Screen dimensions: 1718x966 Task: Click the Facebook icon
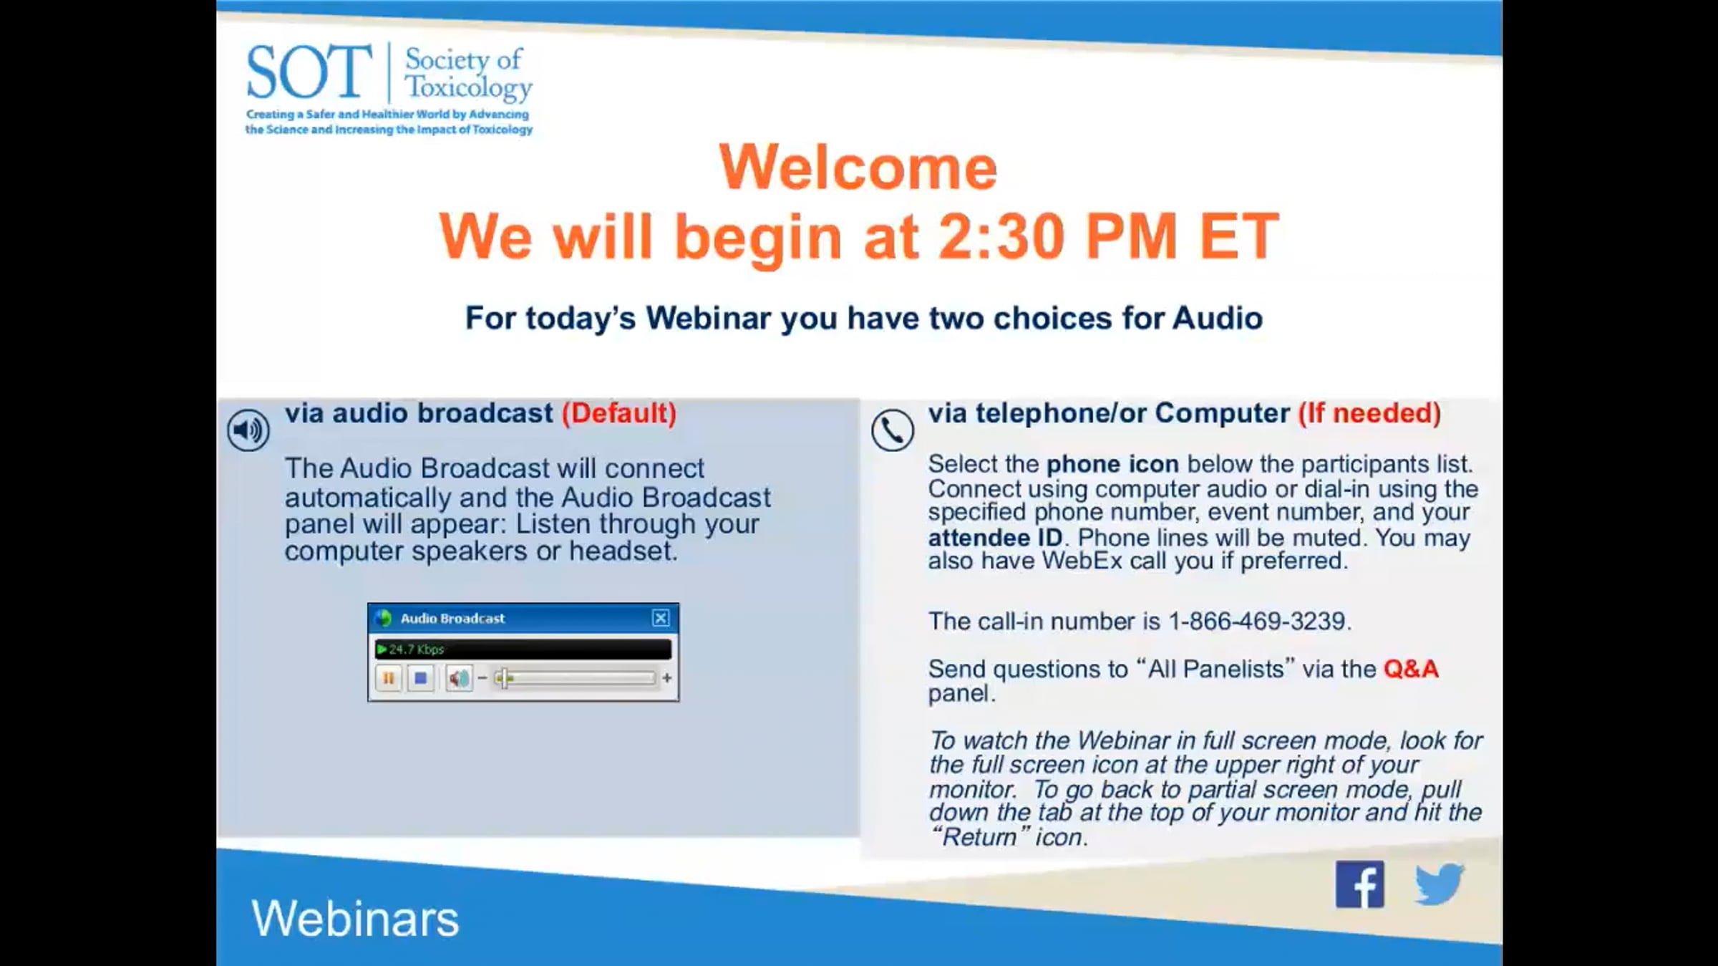click(1359, 884)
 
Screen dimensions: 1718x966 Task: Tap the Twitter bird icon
click(1440, 884)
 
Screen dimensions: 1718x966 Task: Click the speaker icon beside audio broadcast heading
click(248, 430)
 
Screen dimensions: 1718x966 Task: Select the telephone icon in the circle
click(893, 430)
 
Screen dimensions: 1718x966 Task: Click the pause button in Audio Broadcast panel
click(388, 677)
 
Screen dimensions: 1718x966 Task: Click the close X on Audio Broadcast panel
click(661, 618)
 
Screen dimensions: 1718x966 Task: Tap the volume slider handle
click(503, 677)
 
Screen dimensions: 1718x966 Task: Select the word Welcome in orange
click(858, 167)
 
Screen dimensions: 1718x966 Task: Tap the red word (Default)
click(619, 413)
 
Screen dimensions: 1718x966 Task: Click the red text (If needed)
click(1369, 413)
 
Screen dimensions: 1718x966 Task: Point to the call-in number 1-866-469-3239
click(1257, 621)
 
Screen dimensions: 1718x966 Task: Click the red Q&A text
click(1411, 669)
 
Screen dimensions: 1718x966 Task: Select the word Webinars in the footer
click(355, 918)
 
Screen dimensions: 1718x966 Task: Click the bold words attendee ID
click(995, 537)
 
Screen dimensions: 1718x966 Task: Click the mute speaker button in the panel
click(459, 677)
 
